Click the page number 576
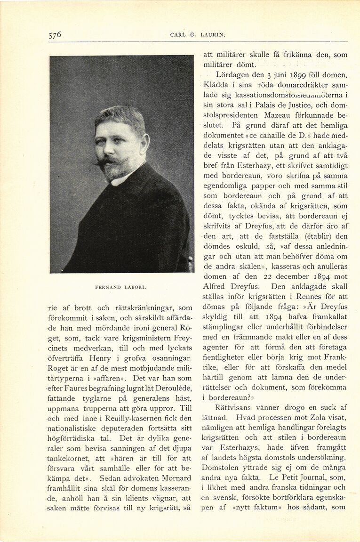click(55, 35)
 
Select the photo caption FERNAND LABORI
click(121, 286)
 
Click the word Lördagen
click(232, 75)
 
